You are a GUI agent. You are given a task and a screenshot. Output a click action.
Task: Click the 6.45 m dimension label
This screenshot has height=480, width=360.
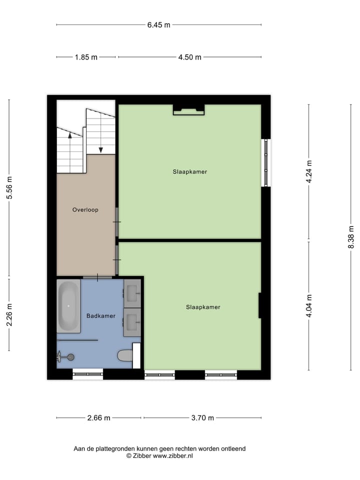coord(158,24)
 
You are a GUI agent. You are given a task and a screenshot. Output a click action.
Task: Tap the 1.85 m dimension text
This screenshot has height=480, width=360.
coord(86,57)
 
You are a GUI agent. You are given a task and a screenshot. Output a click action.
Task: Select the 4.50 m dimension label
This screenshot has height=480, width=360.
coord(189,57)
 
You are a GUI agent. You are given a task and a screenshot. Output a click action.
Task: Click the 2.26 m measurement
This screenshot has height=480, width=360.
coord(9,314)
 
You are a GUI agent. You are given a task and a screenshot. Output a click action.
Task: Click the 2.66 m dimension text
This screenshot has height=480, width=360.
coord(99,418)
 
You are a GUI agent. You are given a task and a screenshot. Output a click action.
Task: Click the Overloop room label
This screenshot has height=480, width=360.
coord(85,210)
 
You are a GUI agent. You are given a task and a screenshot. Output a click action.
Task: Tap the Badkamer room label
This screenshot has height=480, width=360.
coord(101,316)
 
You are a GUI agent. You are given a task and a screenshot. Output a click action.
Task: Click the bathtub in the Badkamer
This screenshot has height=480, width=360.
coord(68,306)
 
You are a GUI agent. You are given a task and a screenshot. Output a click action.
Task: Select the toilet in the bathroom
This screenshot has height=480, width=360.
coord(124,355)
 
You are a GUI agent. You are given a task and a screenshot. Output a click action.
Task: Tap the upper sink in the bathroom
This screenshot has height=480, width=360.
coord(132,293)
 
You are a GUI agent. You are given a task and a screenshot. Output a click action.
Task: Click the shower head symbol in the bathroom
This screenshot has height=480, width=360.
coord(70,356)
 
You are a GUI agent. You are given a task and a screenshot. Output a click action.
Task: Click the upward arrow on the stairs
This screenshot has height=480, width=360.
coord(69,134)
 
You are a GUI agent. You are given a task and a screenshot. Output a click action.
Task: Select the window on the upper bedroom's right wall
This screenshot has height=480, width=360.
coord(266,162)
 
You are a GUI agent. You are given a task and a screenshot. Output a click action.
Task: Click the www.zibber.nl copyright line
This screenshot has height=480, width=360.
coord(159,456)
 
